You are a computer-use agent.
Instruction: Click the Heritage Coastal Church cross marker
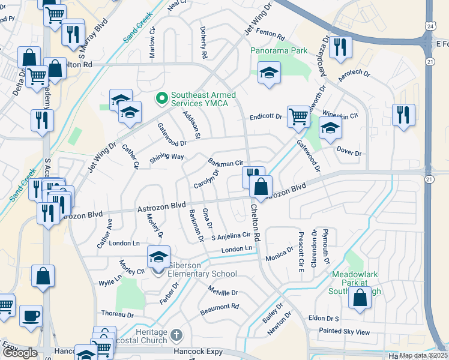[176, 334]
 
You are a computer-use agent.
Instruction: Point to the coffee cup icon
[31, 315]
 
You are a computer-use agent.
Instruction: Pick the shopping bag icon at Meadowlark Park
[359, 298]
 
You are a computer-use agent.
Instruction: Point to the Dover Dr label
[349, 151]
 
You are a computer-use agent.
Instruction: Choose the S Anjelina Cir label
[229, 236]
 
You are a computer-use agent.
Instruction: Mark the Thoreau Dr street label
[117, 314]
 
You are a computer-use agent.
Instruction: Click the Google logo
[20, 353]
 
